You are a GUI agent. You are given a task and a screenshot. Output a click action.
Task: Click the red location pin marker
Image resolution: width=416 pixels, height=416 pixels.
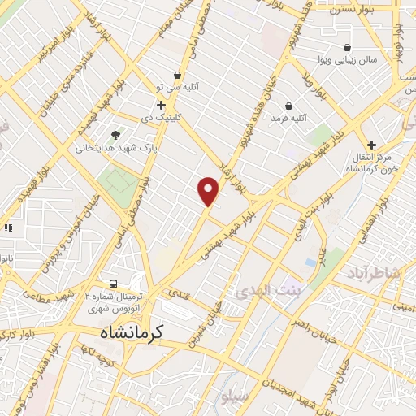209,191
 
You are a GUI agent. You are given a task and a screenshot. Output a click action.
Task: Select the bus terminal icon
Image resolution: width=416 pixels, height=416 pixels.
114,284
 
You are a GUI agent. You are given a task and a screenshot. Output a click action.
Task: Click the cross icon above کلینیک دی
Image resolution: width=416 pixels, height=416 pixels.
161,104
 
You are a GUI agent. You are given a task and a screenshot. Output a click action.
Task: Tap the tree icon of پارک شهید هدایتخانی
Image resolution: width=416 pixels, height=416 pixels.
115,134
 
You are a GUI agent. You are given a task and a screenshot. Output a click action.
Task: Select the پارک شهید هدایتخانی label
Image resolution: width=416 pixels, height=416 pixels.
115,148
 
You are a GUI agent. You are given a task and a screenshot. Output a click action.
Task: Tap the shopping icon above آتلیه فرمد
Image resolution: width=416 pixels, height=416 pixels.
288,105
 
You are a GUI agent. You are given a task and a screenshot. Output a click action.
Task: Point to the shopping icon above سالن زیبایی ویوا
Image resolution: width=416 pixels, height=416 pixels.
348,47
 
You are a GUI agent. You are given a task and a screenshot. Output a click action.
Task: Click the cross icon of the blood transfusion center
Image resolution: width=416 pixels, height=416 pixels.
372,144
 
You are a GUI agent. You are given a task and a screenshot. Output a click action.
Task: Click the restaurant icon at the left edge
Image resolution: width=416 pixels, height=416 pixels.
7,228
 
